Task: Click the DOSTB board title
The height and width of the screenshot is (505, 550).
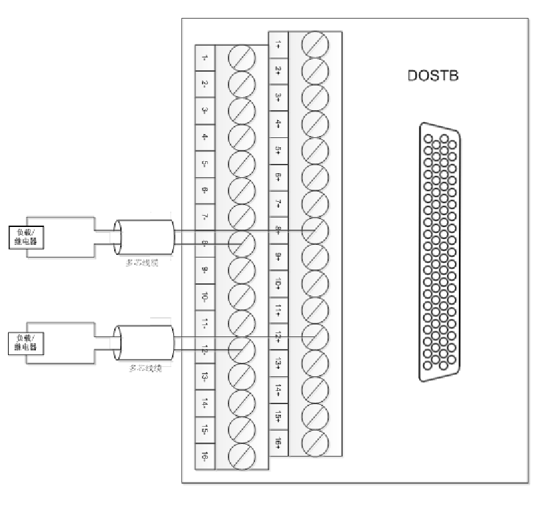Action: pos(433,76)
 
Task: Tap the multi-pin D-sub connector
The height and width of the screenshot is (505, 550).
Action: pos(440,254)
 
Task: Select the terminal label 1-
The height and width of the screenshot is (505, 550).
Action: pos(205,58)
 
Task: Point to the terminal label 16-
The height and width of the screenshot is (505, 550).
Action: pos(205,456)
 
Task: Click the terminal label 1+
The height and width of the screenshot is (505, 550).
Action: pos(278,44)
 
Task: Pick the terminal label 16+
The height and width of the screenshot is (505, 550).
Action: pos(278,443)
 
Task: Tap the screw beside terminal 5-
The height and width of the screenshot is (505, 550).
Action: pos(242,164)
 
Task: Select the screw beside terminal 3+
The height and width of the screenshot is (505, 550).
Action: pos(315,98)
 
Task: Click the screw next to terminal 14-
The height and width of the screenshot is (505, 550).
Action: pos(242,403)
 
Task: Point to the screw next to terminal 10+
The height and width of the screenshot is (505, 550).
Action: pos(315,283)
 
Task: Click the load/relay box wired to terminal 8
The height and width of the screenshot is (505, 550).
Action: pos(27,237)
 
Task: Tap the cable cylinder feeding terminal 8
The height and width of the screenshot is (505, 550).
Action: pos(143,237)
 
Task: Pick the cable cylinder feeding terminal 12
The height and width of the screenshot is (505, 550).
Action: pos(143,343)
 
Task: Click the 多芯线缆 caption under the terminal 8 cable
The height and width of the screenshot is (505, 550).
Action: pos(143,263)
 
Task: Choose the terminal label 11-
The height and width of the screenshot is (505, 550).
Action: pos(205,323)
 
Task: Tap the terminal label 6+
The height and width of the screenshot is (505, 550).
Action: pos(278,177)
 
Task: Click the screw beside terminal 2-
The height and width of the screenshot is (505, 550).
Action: pos(242,84)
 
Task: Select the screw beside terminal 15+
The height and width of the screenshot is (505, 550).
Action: pos(315,416)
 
